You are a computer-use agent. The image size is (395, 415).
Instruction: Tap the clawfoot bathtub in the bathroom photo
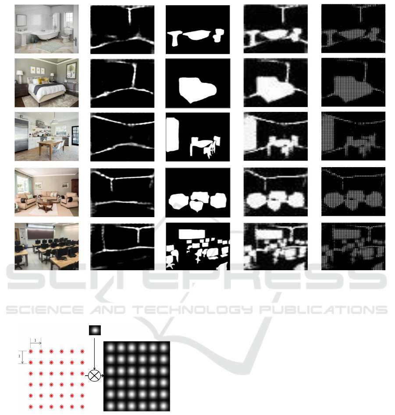[46, 36]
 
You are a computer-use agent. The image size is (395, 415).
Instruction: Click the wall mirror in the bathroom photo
[21, 20]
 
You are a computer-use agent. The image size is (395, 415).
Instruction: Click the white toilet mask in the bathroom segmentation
[218, 35]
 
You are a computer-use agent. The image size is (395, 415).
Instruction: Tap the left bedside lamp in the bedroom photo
[20, 76]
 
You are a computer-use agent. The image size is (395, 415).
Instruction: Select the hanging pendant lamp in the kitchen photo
[55, 121]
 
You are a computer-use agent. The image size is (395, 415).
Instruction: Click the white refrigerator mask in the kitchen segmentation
[172, 135]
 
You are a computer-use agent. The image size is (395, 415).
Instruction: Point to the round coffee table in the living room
[45, 205]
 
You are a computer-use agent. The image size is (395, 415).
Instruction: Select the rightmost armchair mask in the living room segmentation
[218, 200]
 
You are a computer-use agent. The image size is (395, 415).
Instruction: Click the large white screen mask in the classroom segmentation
[192, 234]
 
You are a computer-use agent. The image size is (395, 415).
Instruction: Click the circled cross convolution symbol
[94, 376]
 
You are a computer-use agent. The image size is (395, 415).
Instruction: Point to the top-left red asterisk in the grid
[31, 351]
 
